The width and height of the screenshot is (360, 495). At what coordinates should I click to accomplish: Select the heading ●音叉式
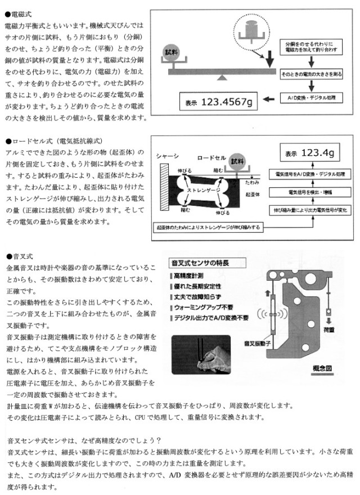point(20,256)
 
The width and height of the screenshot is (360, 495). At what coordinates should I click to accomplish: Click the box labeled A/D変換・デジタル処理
point(310,98)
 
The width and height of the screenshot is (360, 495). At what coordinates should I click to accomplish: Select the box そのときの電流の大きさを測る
point(310,73)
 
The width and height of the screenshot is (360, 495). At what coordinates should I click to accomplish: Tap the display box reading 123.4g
point(309,153)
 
